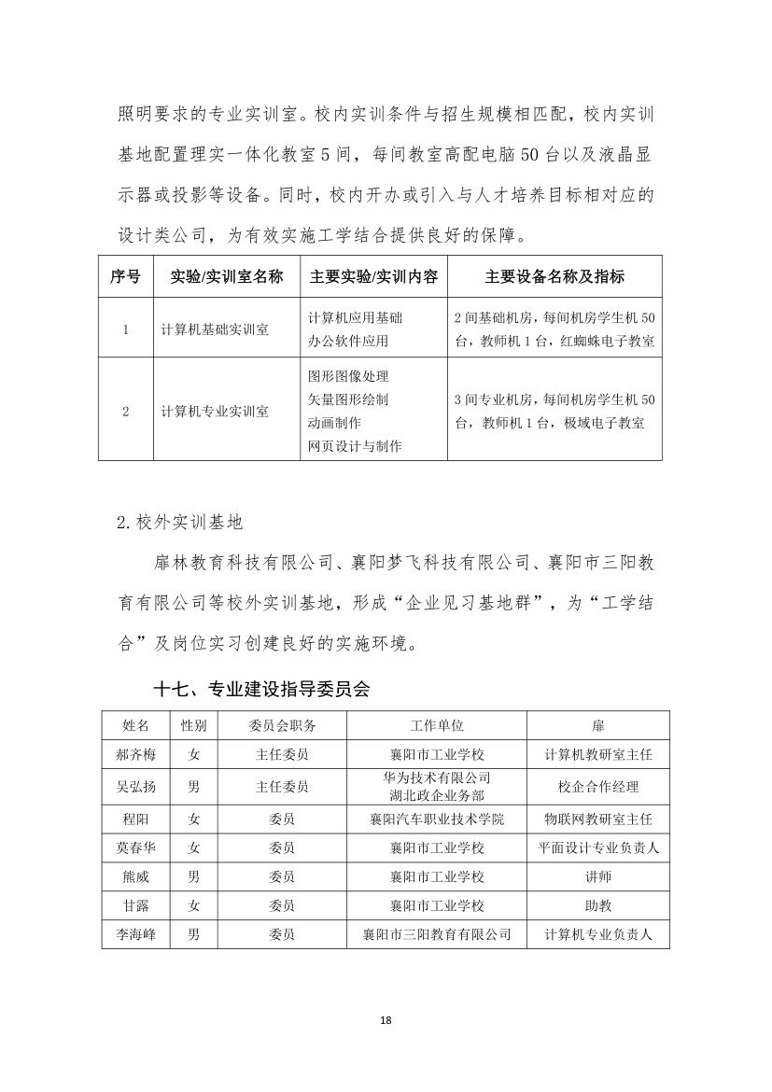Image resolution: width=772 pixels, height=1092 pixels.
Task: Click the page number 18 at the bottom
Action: coord(386,1019)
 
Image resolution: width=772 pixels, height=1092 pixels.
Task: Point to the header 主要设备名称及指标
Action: coord(554,276)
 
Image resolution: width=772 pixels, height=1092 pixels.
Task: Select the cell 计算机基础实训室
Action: coord(215,329)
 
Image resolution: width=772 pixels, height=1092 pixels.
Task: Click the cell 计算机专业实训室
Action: coord(215,411)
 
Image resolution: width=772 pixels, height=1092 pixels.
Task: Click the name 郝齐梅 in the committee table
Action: coord(130,754)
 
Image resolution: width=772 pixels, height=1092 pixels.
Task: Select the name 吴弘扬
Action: coord(130,786)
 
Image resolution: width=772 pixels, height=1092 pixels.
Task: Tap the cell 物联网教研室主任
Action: coord(597,819)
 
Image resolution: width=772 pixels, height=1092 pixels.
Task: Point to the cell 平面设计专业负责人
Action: coord(597,848)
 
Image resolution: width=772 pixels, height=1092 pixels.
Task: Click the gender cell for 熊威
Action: coord(193,876)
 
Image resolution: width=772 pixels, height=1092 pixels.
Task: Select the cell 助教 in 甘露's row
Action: coord(597,905)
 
